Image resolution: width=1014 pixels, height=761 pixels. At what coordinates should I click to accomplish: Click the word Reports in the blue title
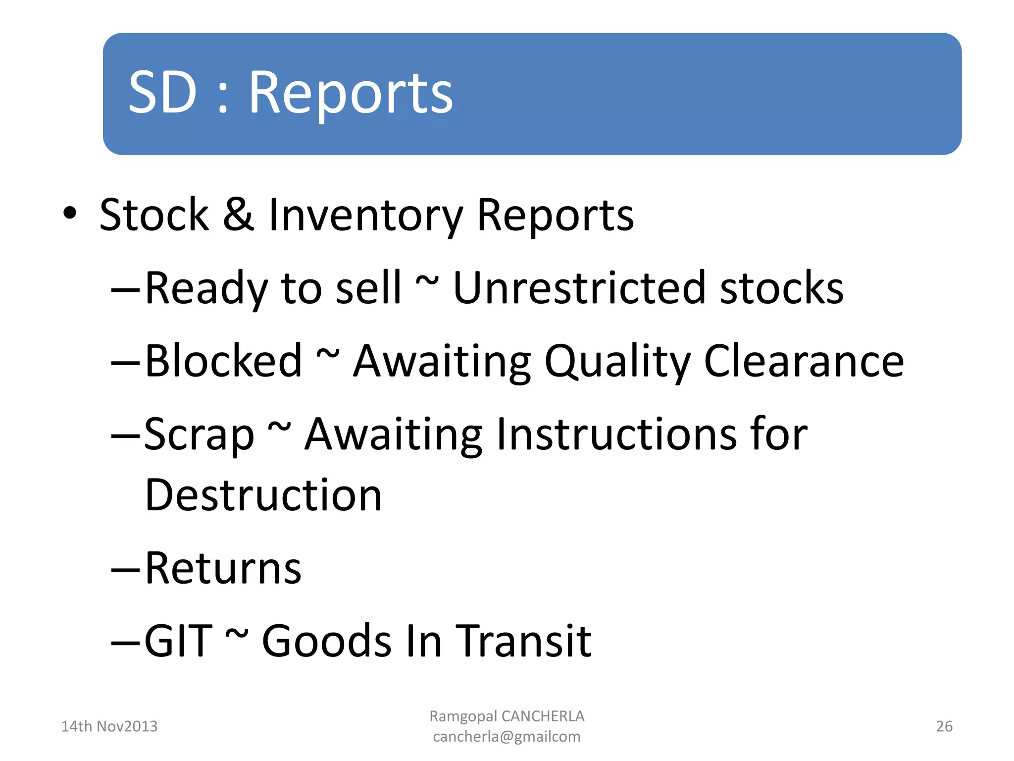coord(351,93)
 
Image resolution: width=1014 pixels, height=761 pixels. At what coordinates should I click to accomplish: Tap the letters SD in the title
coord(162,93)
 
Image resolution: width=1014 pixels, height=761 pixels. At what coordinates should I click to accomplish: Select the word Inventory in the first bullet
coord(365,215)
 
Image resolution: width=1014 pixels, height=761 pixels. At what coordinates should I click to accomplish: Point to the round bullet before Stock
coord(70,213)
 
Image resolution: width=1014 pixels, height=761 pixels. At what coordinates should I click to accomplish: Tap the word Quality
coord(617,361)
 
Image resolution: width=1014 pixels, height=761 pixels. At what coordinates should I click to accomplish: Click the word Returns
coord(223,568)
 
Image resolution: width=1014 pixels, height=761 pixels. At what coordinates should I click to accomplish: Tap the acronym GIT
coord(178,641)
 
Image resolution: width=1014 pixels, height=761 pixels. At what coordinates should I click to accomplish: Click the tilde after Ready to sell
coord(427,281)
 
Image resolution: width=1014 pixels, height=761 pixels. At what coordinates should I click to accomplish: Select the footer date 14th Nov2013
coord(109,726)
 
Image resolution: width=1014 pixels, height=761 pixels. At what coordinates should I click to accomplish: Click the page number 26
coord(944,726)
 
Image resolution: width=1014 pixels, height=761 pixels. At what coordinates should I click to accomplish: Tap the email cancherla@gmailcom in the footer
coord(507,737)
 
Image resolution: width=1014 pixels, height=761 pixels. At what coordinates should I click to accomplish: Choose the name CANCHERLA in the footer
coord(543,716)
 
